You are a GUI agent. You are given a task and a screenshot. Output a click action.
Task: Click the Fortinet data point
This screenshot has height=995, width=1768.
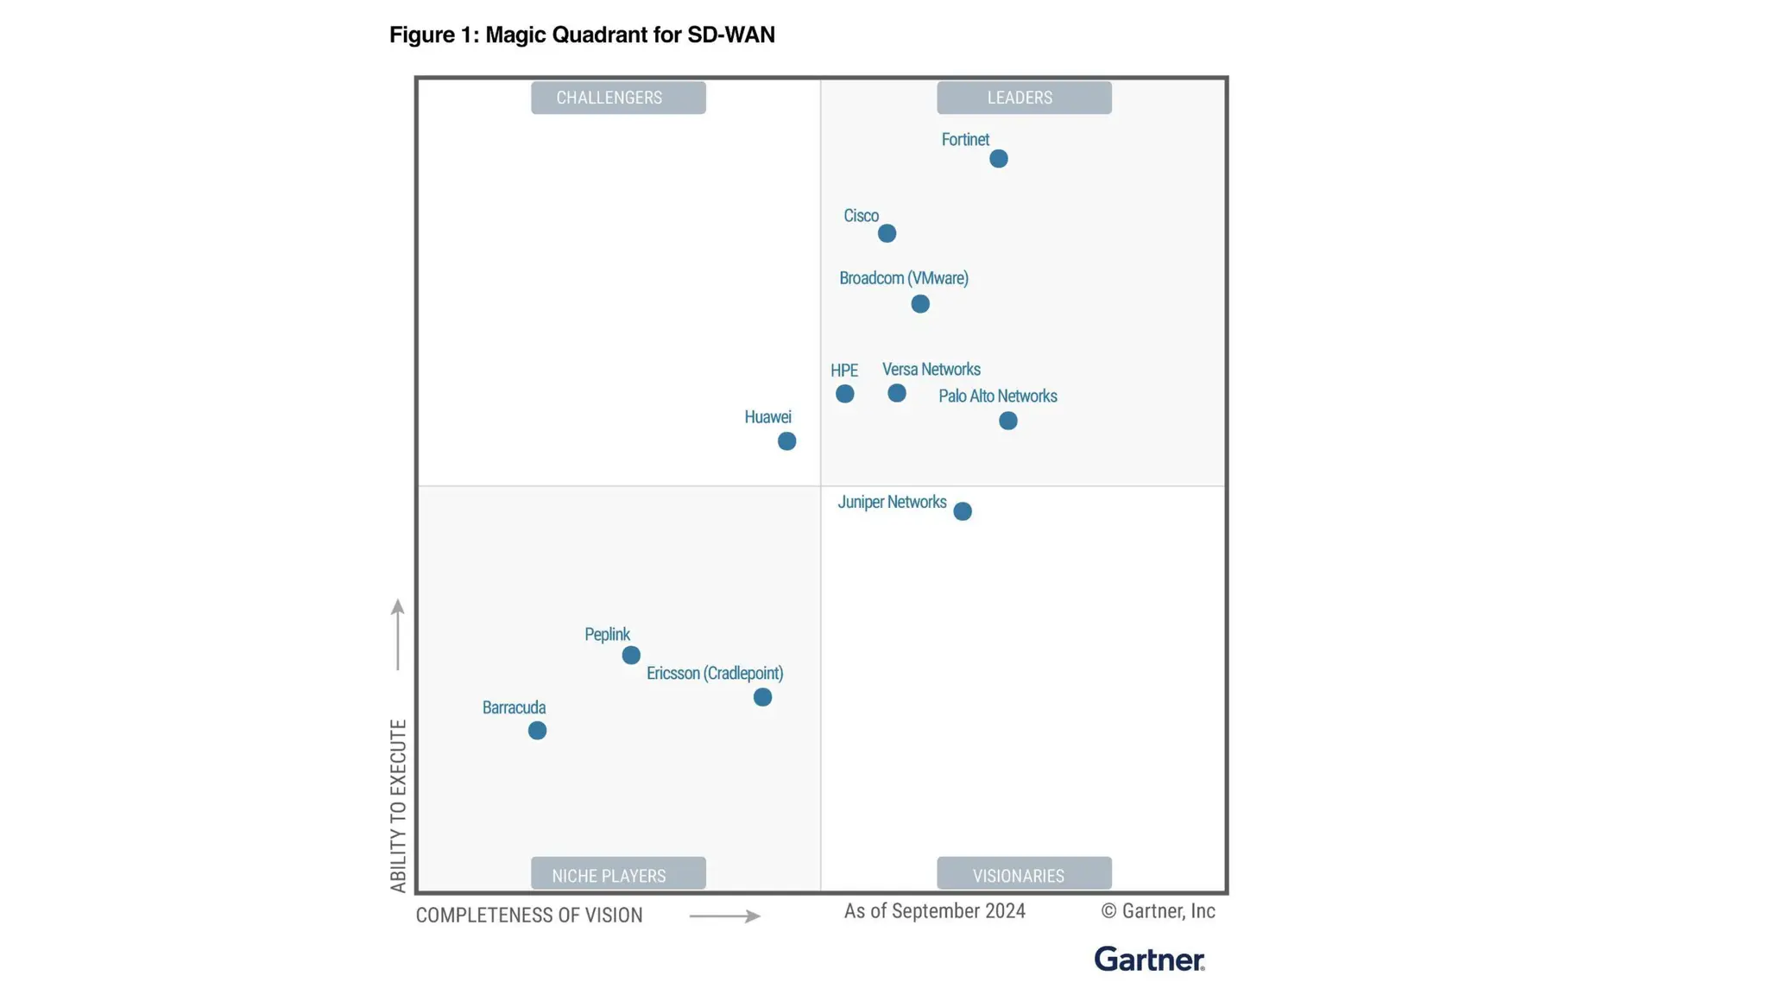pyautogui.click(x=998, y=159)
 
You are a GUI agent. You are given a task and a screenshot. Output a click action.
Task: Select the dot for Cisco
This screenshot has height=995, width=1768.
pyautogui.click(x=887, y=233)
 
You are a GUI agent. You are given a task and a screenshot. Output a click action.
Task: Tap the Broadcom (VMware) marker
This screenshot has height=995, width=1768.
pyautogui.click(x=920, y=304)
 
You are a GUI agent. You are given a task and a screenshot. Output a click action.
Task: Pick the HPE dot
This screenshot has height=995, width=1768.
pyautogui.click(x=845, y=394)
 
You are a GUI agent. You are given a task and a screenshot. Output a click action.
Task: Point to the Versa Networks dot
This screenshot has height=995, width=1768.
pyautogui.click(x=897, y=393)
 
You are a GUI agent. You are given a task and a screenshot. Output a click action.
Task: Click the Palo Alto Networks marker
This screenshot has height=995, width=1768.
pyautogui.click(x=1008, y=421)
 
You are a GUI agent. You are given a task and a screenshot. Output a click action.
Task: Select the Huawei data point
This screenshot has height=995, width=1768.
pyautogui.click(x=786, y=441)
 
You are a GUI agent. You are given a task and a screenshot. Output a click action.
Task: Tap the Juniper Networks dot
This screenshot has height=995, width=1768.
pyautogui.click(x=963, y=511)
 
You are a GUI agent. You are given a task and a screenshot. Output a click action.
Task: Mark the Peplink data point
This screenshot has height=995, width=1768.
pyautogui.click(x=631, y=656)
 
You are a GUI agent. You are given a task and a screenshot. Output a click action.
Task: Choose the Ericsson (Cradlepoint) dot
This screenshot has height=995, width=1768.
pyautogui.click(x=762, y=697)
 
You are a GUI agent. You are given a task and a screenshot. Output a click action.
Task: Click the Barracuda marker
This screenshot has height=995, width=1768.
pyautogui.click(x=537, y=731)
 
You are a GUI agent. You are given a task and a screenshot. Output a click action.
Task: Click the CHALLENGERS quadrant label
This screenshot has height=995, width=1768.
pyautogui.click(x=618, y=98)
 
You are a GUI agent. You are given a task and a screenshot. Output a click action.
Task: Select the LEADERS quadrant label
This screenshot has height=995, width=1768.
pyautogui.click(x=1024, y=98)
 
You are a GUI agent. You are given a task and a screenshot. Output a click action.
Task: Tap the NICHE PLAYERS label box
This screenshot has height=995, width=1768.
pyautogui.click(x=618, y=874)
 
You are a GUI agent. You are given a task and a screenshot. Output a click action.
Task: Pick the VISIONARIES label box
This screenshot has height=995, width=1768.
pyautogui.click(x=1024, y=874)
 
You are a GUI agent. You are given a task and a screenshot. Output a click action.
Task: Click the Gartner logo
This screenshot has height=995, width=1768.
pyautogui.click(x=1149, y=959)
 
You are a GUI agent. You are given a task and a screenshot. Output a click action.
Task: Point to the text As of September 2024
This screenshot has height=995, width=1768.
pyautogui.click(x=934, y=911)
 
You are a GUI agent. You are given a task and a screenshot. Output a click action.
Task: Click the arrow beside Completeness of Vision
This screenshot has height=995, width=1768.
pyautogui.click(x=724, y=916)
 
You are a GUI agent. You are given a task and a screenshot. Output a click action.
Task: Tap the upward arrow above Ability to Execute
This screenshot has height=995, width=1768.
pyautogui.click(x=397, y=634)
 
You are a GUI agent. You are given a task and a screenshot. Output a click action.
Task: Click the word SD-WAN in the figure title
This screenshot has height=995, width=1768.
pyautogui.click(x=730, y=35)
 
